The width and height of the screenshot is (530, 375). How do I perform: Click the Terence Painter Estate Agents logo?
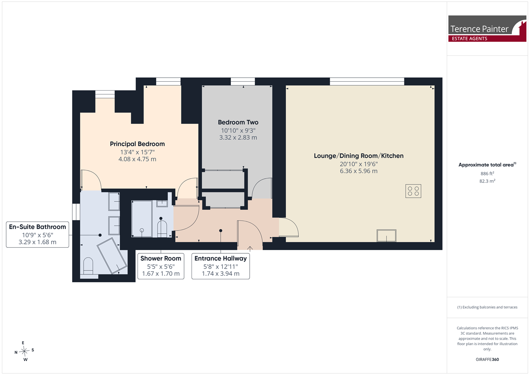point(487,28)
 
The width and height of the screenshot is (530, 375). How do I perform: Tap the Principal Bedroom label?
point(137,144)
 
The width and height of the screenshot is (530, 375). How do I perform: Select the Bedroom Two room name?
point(238,123)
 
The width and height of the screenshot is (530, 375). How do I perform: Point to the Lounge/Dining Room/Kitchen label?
point(359,155)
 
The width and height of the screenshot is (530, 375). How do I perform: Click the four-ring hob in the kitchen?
point(413,191)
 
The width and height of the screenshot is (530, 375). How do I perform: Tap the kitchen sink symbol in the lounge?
point(386,236)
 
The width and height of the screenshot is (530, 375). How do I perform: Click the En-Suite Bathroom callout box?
point(37,234)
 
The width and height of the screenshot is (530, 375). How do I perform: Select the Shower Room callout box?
point(161,266)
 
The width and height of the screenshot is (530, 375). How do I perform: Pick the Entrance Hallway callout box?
point(221,266)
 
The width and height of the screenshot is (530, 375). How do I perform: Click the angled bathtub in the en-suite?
point(112,256)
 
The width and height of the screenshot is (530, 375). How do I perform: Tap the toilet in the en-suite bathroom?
point(88,266)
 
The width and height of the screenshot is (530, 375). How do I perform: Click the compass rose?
point(24,351)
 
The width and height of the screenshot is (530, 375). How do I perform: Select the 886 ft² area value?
point(487,174)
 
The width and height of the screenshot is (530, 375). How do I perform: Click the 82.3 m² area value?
point(487,181)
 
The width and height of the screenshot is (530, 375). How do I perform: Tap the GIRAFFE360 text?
point(487,359)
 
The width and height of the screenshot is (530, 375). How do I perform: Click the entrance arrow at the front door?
point(250,248)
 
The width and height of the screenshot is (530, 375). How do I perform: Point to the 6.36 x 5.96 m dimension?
point(359,171)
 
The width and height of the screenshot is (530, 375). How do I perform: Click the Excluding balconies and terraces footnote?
point(487,307)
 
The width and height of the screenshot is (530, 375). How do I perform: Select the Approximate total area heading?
point(487,165)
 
